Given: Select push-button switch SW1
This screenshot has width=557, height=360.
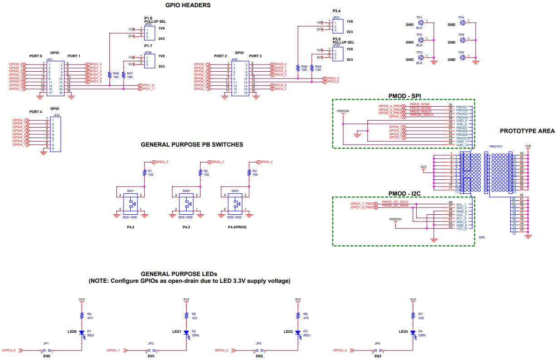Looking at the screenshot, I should coord(131,205).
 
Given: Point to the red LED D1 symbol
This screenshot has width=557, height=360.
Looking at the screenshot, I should coord(82,333).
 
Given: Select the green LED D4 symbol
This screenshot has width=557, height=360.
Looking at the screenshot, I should coord(413,333).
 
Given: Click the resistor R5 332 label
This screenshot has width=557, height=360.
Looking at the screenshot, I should coord(194,316).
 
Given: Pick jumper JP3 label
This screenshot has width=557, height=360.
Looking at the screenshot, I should coord(258,344).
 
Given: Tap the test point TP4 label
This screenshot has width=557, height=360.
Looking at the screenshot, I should coord(461,18).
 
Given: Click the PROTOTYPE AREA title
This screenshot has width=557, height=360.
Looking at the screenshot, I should coord(527,131).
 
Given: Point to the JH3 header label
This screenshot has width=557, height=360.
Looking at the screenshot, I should coord(56,116).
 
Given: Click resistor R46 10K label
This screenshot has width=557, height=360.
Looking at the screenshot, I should coord(115,75).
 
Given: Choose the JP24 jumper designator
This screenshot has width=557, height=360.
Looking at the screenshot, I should coord(148,52).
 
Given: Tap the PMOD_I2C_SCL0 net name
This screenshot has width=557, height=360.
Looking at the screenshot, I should coord(395,202).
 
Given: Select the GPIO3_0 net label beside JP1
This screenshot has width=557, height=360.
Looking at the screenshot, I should coord(9,350).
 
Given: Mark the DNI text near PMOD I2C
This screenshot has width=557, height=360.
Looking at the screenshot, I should coord(482,237).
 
